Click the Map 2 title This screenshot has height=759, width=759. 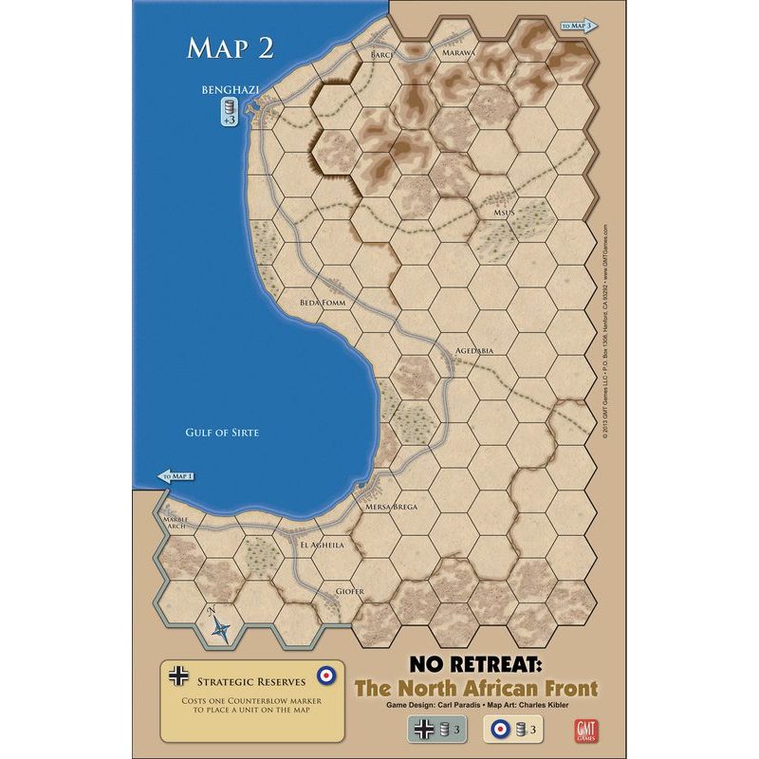click(x=231, y=48)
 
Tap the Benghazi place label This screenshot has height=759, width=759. click(x=231, y=91)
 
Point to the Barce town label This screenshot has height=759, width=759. click(x=380, y=55)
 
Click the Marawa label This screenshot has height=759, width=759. click(x=458, y=54)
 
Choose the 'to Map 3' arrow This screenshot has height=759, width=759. click(x=578, y=26)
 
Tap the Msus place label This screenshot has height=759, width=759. click(x=503, y=213)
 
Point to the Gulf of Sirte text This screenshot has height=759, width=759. click(x=225, y=433)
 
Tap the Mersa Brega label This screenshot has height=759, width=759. click(x=391, y=508)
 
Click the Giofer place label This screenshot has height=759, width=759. click(x=350, y=592)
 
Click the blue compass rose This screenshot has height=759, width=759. click(x=221, y=625)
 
